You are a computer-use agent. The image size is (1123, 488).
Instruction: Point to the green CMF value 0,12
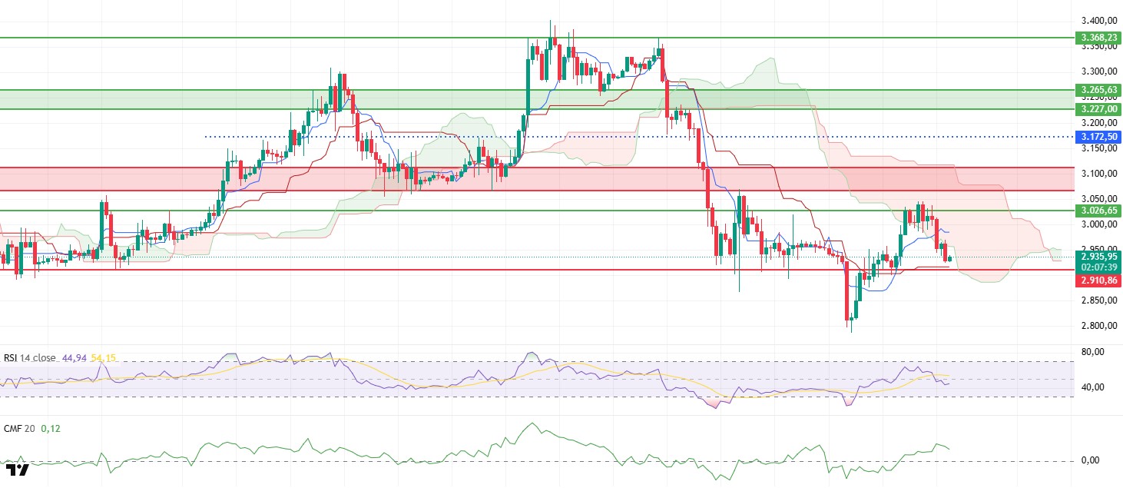(49, 428)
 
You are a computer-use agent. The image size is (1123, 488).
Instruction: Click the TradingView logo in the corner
(17, 470)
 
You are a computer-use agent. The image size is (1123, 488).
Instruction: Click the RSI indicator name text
(30, 359)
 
